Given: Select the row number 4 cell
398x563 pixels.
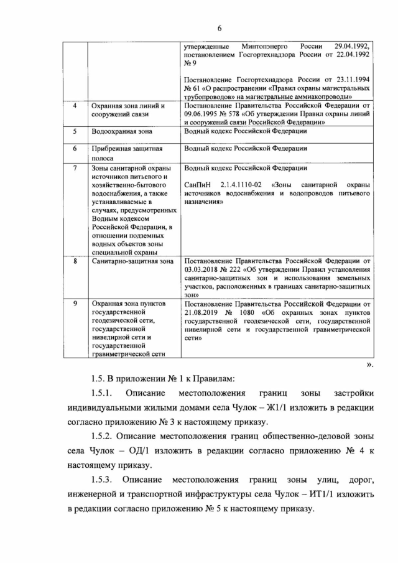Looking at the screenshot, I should pyautogui.click(x=75, y=106).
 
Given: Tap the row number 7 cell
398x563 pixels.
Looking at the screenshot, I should pyautogui.click(x=75, y=168).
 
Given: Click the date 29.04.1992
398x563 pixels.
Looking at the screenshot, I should pyautogui.click(x=351, y=47).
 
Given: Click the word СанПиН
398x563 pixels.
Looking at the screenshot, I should pyautogui.click(x=198, y=185).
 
